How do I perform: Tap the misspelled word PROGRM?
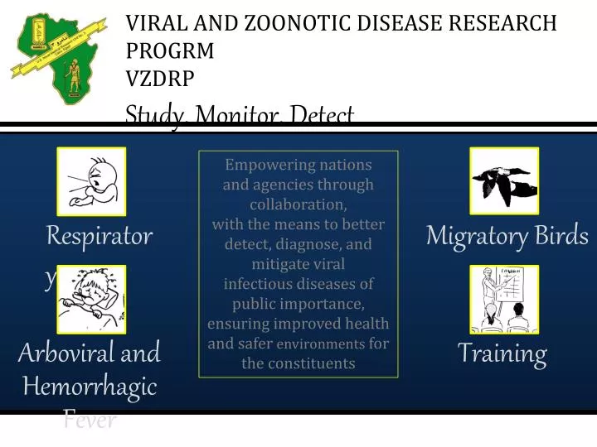tap(170, 51)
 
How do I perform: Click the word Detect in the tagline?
tap(322, 115)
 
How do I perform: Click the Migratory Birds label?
tap(507, 237)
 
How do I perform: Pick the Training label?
tap(502, 354)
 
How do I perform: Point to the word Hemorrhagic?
tap(90, 387)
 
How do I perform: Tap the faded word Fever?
tap(90, 421)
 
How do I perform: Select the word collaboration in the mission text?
tap(298, 204)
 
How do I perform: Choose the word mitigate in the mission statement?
tap(277, 264)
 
